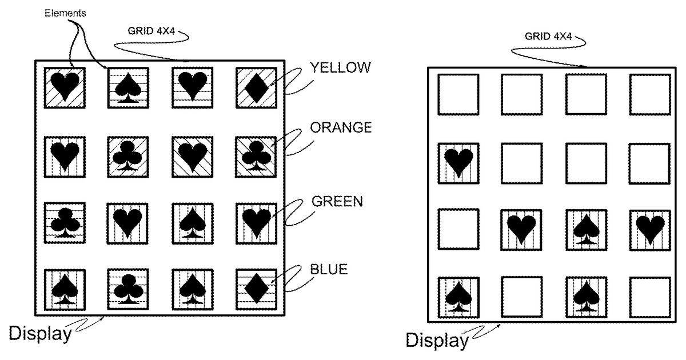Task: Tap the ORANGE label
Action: (x=341, y=127)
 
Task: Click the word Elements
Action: (x=66, y=13)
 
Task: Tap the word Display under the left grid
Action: (x=40, y=333)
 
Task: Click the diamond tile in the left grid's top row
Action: (x=256, y=87)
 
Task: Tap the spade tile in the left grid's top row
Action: (x=128, y=87)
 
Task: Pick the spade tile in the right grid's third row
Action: (x=587, y=230)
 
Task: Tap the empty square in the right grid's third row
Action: (x=458, y=230)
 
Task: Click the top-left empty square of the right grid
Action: (x=458, y=94)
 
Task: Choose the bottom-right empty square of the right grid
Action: (x=650, y=298)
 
